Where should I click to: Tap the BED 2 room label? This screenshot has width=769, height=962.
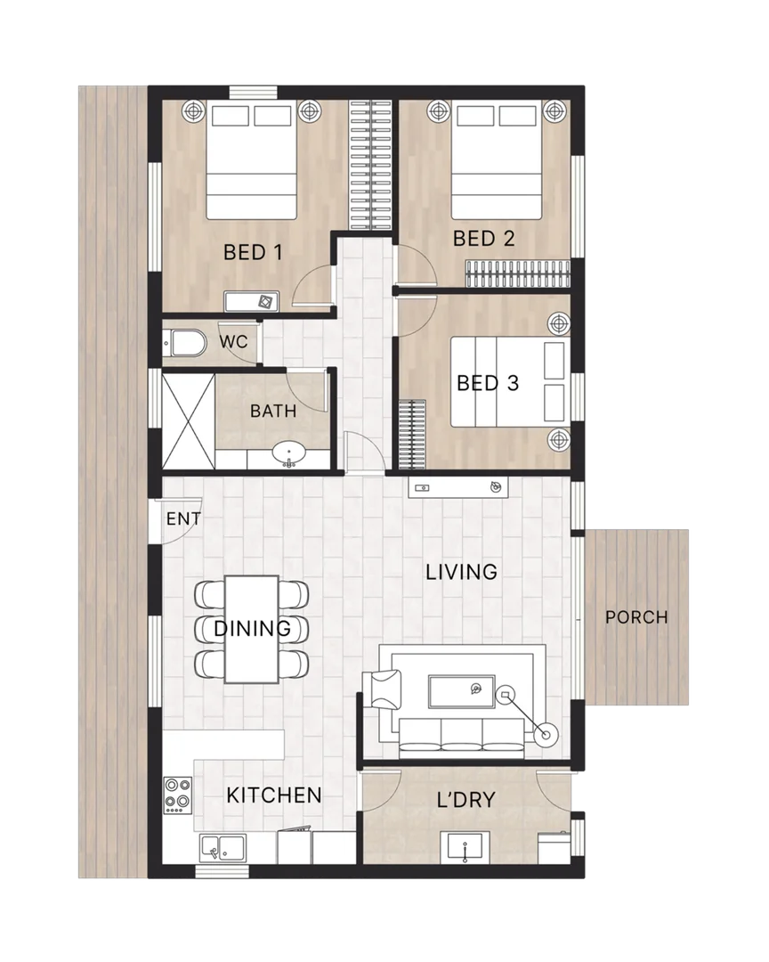483,239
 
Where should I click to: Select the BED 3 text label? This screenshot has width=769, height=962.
487,383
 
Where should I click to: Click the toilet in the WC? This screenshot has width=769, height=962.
185,343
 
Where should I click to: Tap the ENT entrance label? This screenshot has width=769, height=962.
183,519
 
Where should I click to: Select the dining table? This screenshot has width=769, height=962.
251,629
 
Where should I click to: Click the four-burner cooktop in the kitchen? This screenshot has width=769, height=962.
178,794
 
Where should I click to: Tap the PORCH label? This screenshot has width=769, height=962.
635,617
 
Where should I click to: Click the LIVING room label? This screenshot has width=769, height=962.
460,572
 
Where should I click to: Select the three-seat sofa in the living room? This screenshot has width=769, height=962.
461,733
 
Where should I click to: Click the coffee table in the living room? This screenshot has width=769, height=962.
461,690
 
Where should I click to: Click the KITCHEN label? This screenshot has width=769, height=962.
273,795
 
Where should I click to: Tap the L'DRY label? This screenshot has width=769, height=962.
465,800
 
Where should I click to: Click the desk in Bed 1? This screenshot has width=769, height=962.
253,302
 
